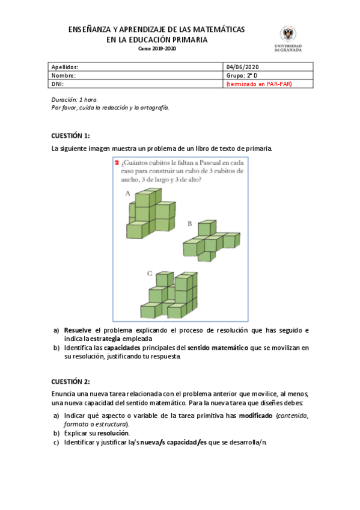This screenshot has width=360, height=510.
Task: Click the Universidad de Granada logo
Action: click(x=288, y=38)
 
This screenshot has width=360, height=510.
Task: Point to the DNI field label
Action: click(x=58, y=84)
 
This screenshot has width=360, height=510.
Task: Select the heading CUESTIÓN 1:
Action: click(x=70, y=135)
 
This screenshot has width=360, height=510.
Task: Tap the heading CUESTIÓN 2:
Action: click(x=70, y=381)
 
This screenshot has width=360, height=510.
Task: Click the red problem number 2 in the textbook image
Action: click(x=116, y=163)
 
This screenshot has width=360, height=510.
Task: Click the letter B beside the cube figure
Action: click(x=189, y=224)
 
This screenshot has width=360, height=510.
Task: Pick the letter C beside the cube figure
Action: click(x=150, y=274)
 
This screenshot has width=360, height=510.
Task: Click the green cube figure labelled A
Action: click(x=150, y=214)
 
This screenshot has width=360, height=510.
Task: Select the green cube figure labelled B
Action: click(x=210, y=241)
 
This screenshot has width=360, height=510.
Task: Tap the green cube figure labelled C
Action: click(x=172, y=295)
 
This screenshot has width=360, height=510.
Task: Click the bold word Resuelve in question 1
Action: click(x=78, y=330)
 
